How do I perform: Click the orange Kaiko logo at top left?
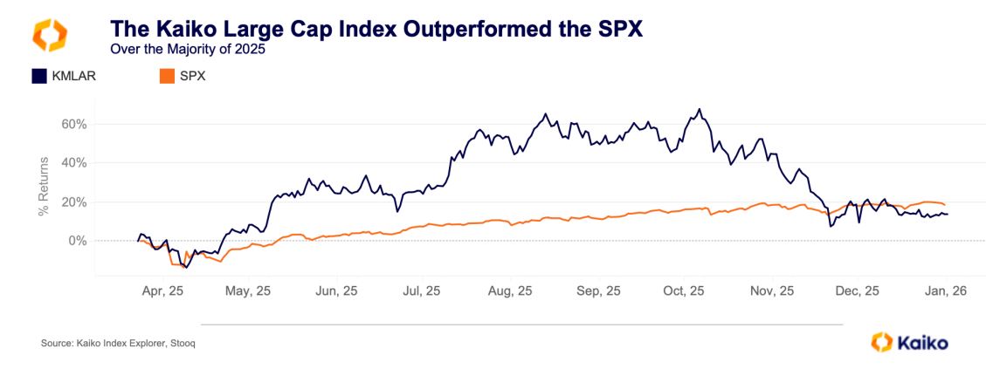[49, 34]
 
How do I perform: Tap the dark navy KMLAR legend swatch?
[38, 76]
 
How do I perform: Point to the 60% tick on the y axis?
[75, 124]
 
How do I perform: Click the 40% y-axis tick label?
[75, 162]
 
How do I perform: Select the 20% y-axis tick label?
[75, 202]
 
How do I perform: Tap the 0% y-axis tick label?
[79, 240]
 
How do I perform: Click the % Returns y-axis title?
[41, 182]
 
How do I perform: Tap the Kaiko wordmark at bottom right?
[920, 343]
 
